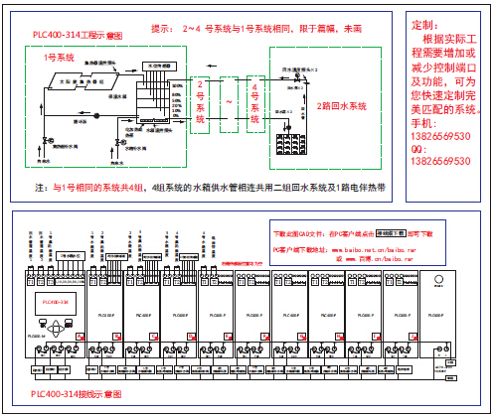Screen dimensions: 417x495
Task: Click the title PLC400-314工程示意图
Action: point(78,35)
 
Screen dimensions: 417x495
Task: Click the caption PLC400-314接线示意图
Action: point(78,394)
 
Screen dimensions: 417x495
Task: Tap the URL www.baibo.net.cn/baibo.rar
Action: point(363,248)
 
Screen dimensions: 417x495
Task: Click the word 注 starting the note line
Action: point(40,187)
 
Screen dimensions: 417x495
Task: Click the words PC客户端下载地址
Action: point(300,248)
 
